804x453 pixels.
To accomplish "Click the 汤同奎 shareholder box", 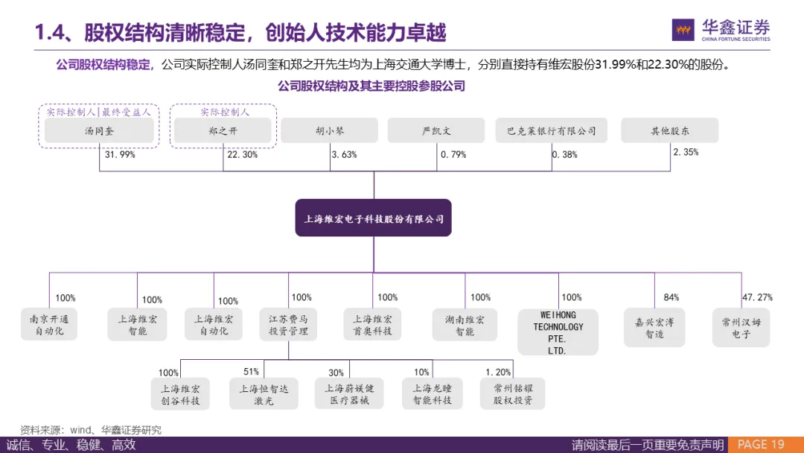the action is (x=99, y=130).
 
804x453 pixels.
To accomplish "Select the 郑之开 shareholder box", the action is (x=223, y=130).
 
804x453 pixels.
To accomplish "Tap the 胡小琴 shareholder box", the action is (x=330, y=130).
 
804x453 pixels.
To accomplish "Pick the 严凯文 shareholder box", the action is (x=436, y=130).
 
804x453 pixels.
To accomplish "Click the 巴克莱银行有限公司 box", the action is (x=551, y=130).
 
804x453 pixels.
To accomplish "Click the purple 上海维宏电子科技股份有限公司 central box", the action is (x=373, y=218).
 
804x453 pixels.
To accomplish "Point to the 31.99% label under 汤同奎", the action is (x=120, y=155).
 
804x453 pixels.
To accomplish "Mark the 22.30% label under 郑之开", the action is (x=243, y=155).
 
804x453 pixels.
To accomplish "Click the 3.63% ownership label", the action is (x=344, y=155).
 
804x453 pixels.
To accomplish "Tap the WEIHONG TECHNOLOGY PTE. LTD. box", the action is (x=557, y=332).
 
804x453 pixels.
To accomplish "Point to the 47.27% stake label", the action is (x=757, y=297).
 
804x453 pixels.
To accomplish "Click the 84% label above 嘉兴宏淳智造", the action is (x=671, y=297).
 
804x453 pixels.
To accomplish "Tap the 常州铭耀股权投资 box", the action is (x=513, y=394).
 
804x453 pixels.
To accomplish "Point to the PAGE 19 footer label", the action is (x=760, y=445).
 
